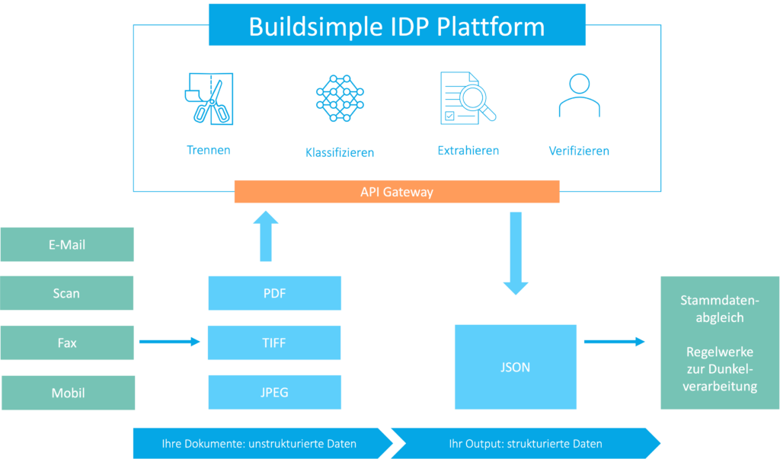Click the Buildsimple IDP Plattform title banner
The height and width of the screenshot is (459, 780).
[397, 25]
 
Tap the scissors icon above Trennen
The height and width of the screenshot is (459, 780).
[209, 98]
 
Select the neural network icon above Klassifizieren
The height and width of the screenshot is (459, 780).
[340, 98]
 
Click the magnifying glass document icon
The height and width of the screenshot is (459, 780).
[468, 98]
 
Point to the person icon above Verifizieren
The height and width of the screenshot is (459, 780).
[580, 95]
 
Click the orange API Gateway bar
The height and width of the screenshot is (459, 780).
[397, 192]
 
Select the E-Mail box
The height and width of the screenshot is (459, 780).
[67, 244]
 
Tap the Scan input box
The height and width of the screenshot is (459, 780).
[67, 293]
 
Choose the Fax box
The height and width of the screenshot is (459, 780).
[67, 343]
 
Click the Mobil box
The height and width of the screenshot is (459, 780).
[68, 393]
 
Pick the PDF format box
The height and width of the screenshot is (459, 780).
[274, 293]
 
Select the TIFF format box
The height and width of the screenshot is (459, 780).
[274, 343]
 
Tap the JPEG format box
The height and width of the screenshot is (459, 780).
[274, 392]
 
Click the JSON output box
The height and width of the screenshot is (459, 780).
[516, 367]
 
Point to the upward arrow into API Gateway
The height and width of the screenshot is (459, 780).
[266, 236]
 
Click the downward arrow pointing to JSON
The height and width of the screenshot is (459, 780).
[516, 253]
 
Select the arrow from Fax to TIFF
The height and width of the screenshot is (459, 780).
[170, 342]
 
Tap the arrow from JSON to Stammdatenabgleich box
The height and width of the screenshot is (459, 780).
[615, 342]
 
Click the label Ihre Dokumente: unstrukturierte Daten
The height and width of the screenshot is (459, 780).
[259, 444]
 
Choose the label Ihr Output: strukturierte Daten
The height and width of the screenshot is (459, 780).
[526, 444]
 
